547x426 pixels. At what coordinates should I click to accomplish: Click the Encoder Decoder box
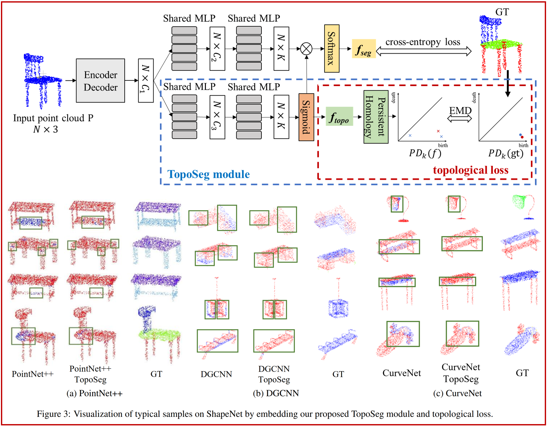[x=100, y=81]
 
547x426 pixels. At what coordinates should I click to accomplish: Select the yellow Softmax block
[x=332, y=49]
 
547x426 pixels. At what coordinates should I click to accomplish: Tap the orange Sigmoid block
[x=306, y=117]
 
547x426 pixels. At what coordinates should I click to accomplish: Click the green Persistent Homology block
[x=376, y=117]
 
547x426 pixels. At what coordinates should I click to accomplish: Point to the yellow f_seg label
[x=364, y=49]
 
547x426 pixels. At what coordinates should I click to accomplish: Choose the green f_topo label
[x=339, y=117]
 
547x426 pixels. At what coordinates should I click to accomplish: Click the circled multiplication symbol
[x=306, y=49]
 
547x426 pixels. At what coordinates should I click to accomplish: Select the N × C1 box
[x=146, y=81]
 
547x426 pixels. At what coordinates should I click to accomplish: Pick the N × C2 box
[x=217, y=49]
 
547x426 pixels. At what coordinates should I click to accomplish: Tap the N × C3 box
[x=217, y=117]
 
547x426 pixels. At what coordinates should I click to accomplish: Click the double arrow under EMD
[x=459, y=119]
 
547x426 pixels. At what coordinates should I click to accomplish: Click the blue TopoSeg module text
[x=208, y=174]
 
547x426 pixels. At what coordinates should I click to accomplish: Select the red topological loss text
[x=471, y=170]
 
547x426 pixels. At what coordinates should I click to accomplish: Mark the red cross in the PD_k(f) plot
[x=438, y=131]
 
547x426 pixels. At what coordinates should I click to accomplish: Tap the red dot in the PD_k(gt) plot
[x=522, y=137]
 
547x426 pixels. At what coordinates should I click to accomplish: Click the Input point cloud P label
[x=53, y=118]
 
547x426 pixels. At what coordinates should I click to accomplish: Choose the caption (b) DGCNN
[x=276, y=393]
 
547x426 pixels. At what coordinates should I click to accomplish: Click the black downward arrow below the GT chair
[x=508, y=83]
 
